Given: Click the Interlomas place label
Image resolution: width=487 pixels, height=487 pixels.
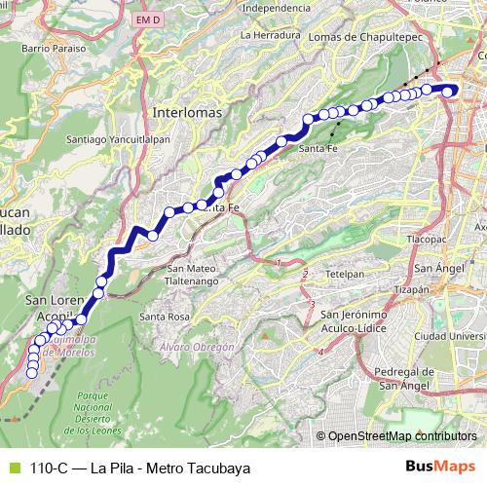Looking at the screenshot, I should [x=187, y=113].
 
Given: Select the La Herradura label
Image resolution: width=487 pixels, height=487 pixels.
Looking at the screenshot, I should [x=266, y=35].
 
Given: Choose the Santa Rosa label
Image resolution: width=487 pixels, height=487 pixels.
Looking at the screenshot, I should [x=164, y=317].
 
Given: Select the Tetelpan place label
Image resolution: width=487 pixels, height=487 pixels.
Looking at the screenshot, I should [x=345, y=275].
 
